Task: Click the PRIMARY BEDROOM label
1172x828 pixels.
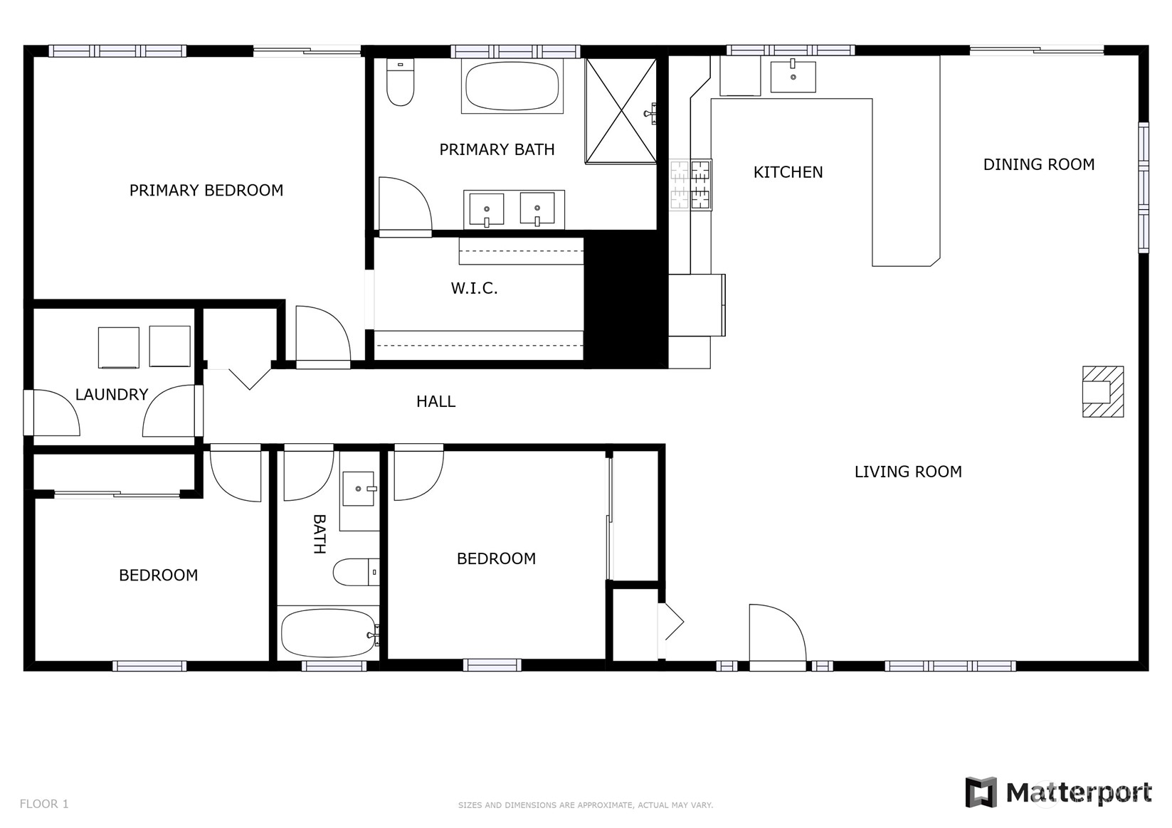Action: point(206,190)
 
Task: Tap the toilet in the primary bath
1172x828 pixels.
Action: point(400,82)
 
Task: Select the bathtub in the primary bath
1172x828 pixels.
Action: point(512,87)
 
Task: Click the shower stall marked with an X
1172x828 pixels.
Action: point(621,111)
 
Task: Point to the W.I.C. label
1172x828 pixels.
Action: point(474,287)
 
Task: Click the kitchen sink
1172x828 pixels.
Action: point(793,76)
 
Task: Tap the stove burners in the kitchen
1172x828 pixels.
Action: point(691,185)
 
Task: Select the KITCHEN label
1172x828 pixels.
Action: point(788,172)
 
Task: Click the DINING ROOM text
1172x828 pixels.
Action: point(1039,164)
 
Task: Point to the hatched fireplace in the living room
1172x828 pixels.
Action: point(1103,392)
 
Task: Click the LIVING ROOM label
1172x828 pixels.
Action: point(908,472)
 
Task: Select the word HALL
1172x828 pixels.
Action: point(435,401)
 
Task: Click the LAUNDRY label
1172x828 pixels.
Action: point(112,394)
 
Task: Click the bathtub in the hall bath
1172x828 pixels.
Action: point(329,633)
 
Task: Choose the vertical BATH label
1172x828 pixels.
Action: point(320,534)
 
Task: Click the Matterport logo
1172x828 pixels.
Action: point(1058,792)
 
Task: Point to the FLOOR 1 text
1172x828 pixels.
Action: point(44,804)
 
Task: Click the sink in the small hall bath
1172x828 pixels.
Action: point(359,489)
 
